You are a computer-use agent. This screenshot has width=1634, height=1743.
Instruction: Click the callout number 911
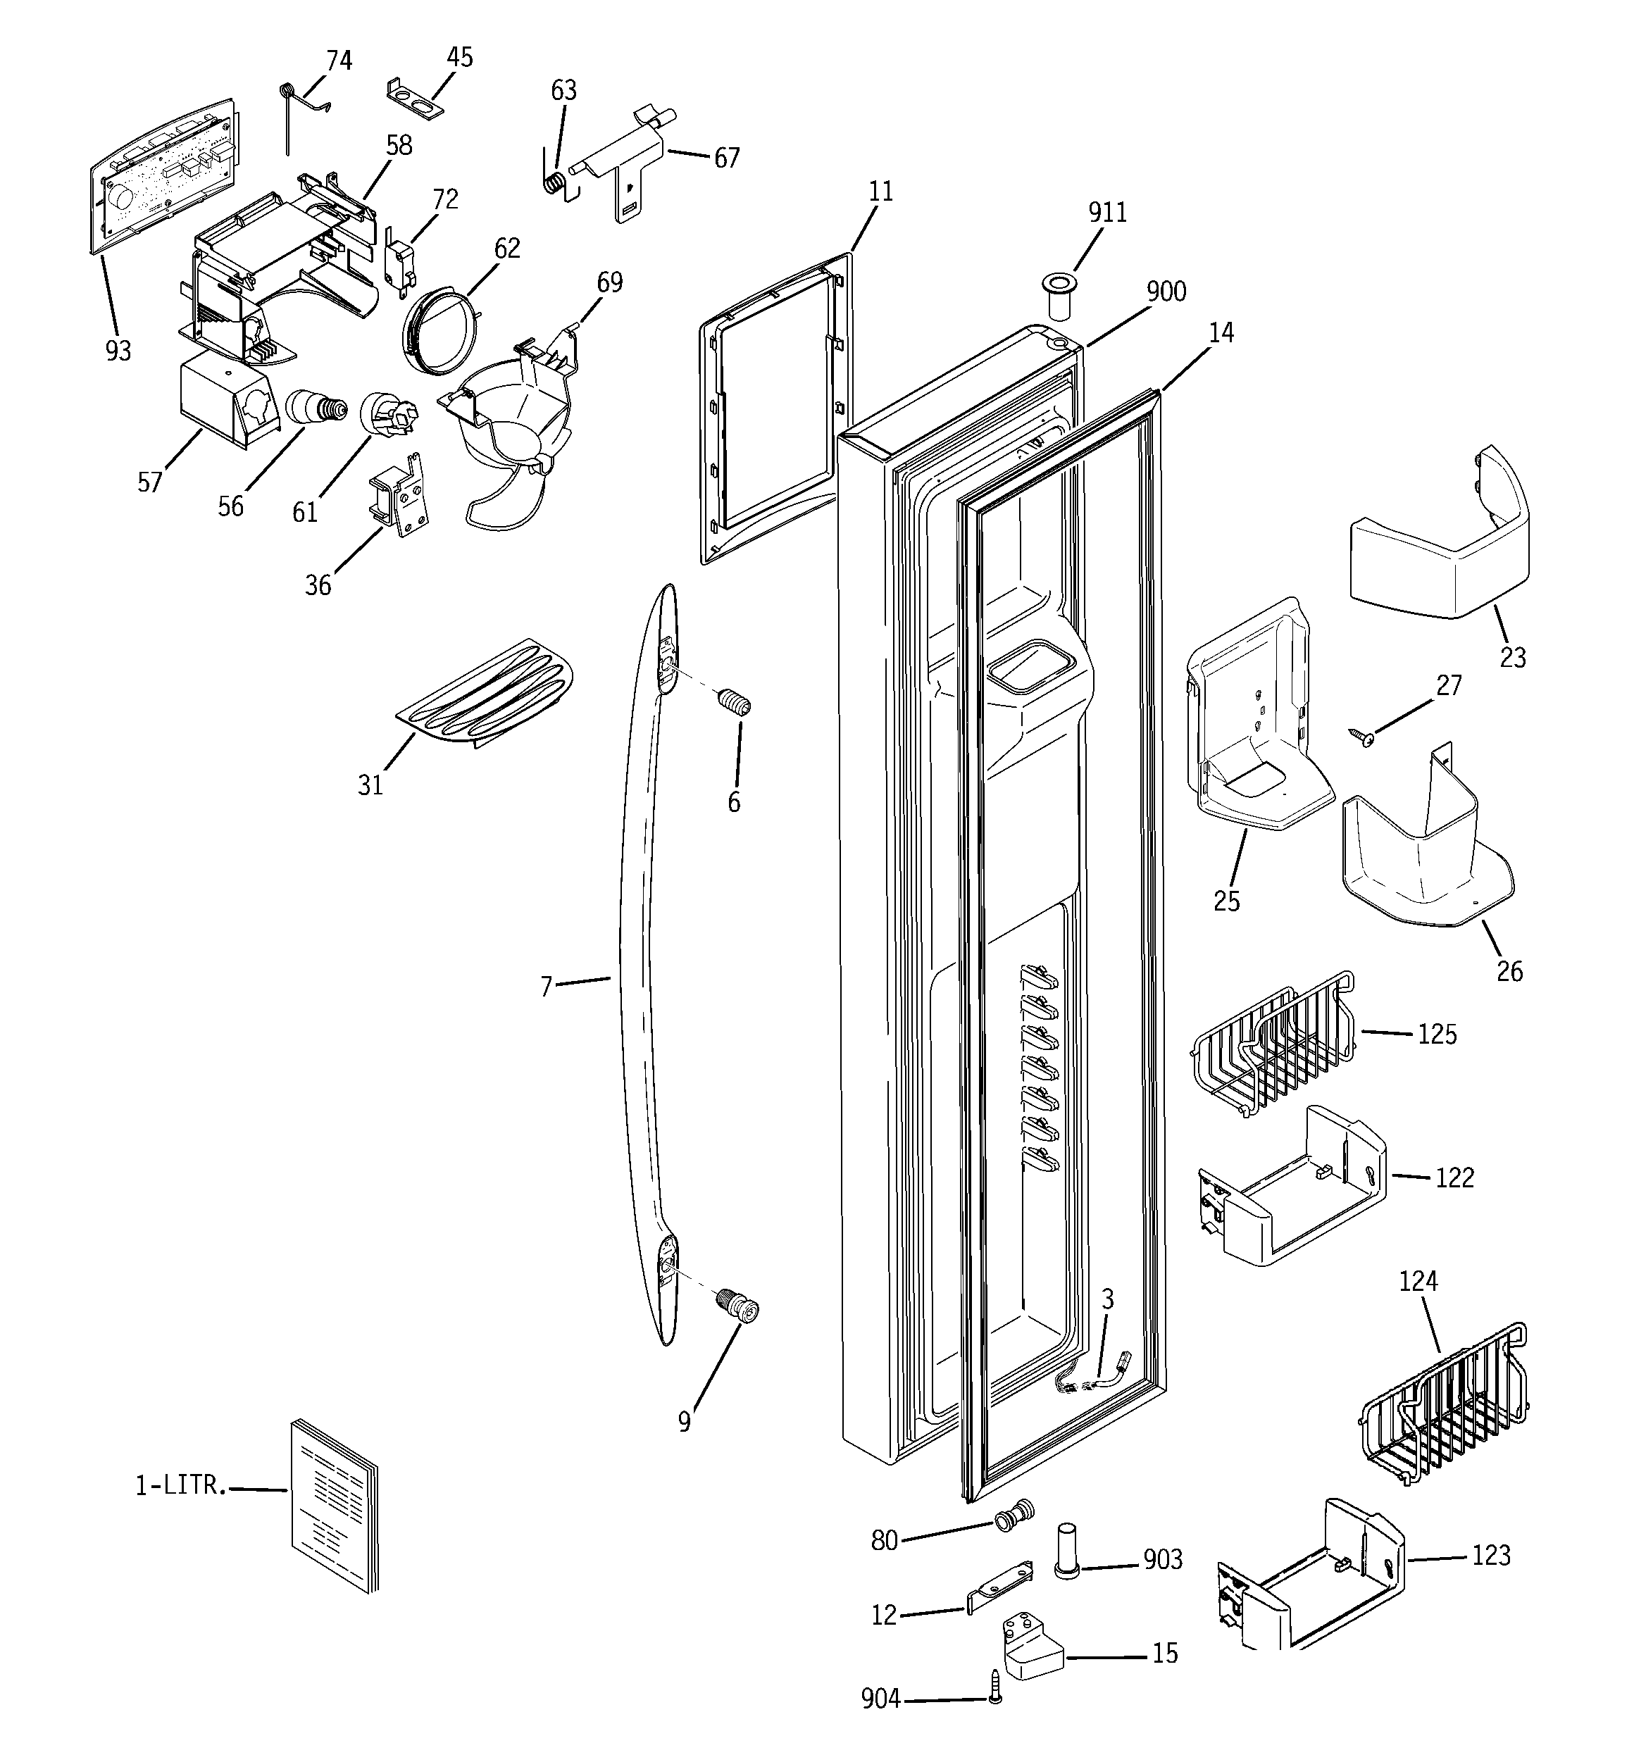1107,213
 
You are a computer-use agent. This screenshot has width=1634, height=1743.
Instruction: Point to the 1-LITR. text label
180,1485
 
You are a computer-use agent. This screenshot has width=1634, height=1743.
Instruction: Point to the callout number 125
1437,1035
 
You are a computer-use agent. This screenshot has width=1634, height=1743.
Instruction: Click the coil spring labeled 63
554,182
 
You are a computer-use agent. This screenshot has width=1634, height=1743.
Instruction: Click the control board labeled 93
165,175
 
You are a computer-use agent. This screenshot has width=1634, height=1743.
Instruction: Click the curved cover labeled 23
1438,548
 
